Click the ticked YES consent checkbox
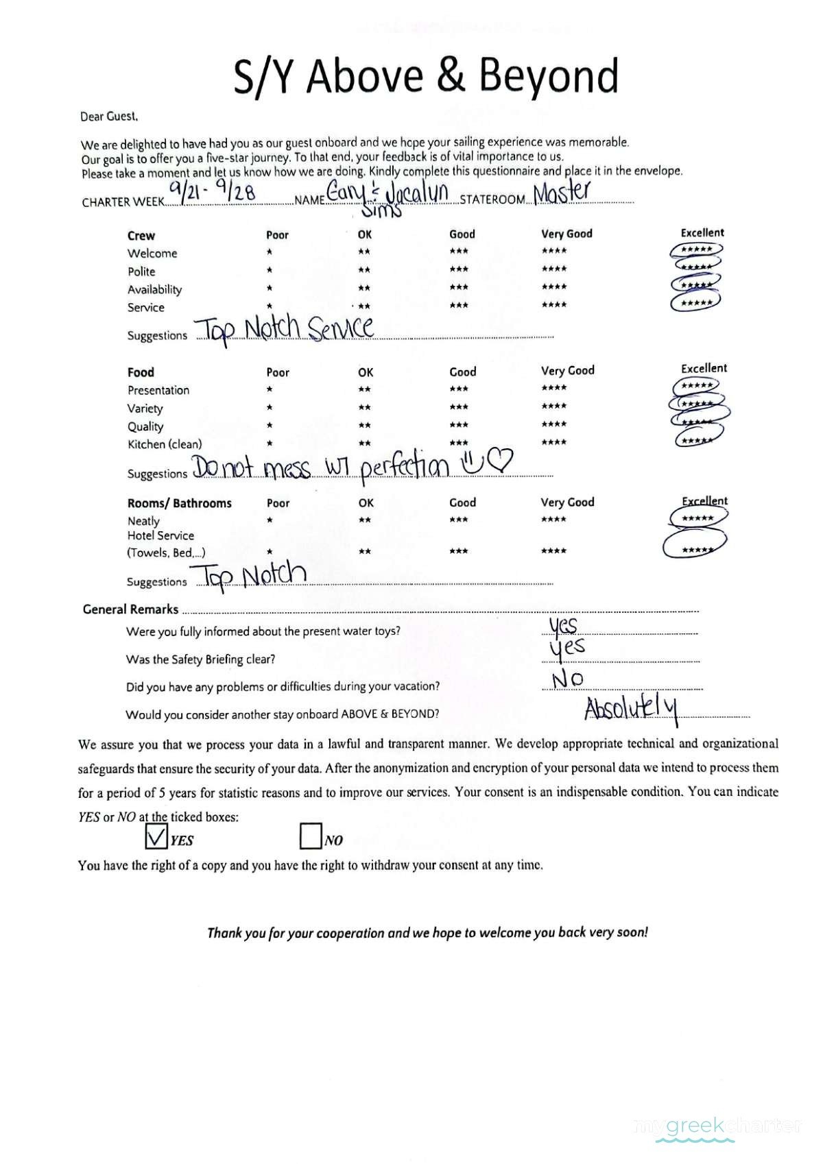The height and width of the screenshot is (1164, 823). (157, 836)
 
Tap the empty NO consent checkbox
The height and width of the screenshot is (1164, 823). (311, 836)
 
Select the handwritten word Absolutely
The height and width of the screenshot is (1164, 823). (631, 710)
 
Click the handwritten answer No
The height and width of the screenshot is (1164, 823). (568, 679)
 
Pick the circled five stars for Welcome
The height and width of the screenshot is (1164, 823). (696, 250)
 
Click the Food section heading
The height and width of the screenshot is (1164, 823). (141, 372)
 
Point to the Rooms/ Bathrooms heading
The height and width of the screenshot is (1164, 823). (180, 503)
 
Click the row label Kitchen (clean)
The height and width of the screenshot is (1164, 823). (165, 444)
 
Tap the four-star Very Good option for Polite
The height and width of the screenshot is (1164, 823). (554, 269)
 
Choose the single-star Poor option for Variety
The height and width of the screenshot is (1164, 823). (270, 408)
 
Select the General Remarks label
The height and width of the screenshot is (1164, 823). (130, 609)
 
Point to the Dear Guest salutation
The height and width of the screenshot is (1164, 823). (109, 117)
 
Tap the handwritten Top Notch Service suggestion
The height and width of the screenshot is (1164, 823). (285, 329)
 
